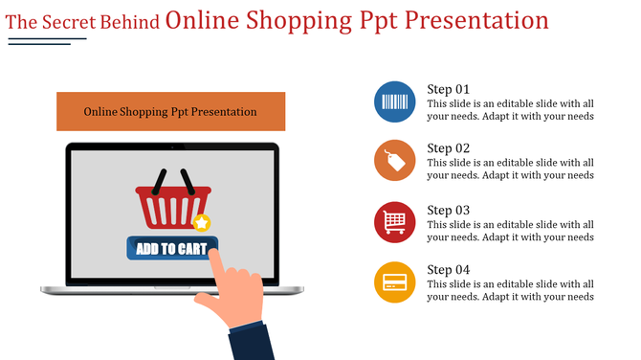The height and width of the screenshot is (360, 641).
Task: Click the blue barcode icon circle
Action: pos(394,101)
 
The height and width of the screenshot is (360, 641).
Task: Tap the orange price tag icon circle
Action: pos(394,161)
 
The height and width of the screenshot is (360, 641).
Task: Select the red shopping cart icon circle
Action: pos(394,222)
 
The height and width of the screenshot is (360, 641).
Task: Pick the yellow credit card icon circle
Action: pos(394,282)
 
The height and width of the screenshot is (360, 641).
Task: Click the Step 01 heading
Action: pos(448,89)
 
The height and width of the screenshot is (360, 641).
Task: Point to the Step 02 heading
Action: pos(448,148)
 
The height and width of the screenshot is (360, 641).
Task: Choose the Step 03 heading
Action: pos(448,210)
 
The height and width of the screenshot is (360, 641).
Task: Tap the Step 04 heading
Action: pos(448,270)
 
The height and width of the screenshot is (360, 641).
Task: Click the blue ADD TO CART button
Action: pos(172,249)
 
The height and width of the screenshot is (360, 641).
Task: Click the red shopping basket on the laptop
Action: pos(172,207)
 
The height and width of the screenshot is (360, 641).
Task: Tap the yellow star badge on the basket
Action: pos(201,223)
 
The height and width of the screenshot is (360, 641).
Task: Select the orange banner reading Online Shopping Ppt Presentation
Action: pos(170,111)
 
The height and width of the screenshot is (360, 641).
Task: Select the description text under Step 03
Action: pos(510,230)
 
